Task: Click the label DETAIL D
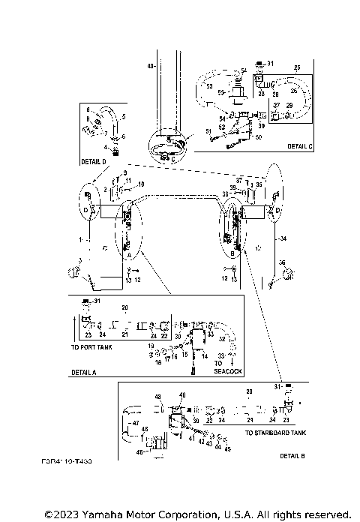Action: pyautogui.click(x=94, y=161)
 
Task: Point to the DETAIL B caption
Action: pyautogui.click(x=292, y=456)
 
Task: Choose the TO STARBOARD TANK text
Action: pyautogui.click(x=275, y=433)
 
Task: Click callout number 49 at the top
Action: pyautogui.click(x=150, y=67)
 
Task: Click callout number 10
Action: pyautogui.click(x=140, y=184)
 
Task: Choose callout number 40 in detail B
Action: pyautogui.click(x=181, y=394)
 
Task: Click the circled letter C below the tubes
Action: pyautogui.click(x=173, y=158)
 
